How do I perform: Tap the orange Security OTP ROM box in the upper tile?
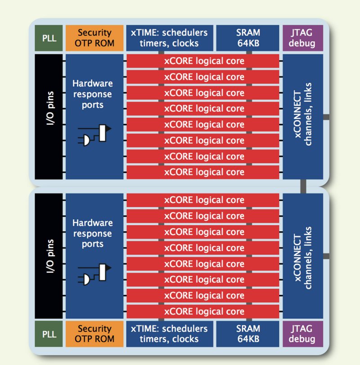pos(94,38)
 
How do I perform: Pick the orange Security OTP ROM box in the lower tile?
pos(94,333)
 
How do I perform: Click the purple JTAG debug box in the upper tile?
pos(303,38)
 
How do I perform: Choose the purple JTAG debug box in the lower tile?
pos(303,333)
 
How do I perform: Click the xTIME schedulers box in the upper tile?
pos(169,38)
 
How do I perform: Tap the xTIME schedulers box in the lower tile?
pos(169,333)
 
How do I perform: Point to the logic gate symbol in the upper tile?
pos(94,135)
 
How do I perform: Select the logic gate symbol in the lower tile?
pos(94,274)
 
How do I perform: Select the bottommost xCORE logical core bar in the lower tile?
pos(204,311)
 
